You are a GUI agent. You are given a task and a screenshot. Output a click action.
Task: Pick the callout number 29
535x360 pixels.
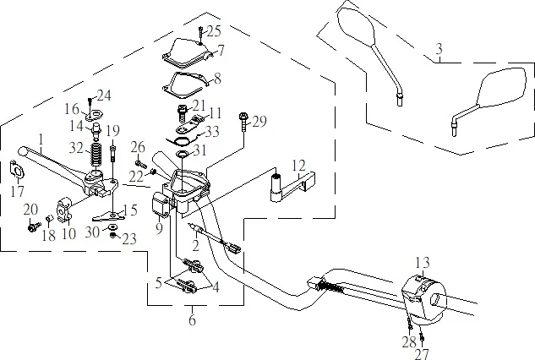259,122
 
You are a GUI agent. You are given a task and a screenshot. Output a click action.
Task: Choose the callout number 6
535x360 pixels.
193,320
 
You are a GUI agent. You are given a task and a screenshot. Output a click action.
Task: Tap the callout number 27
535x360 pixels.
422,354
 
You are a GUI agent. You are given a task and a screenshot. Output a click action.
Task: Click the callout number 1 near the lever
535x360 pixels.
40,138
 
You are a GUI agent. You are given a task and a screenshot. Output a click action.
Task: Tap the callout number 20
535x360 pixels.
30,210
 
